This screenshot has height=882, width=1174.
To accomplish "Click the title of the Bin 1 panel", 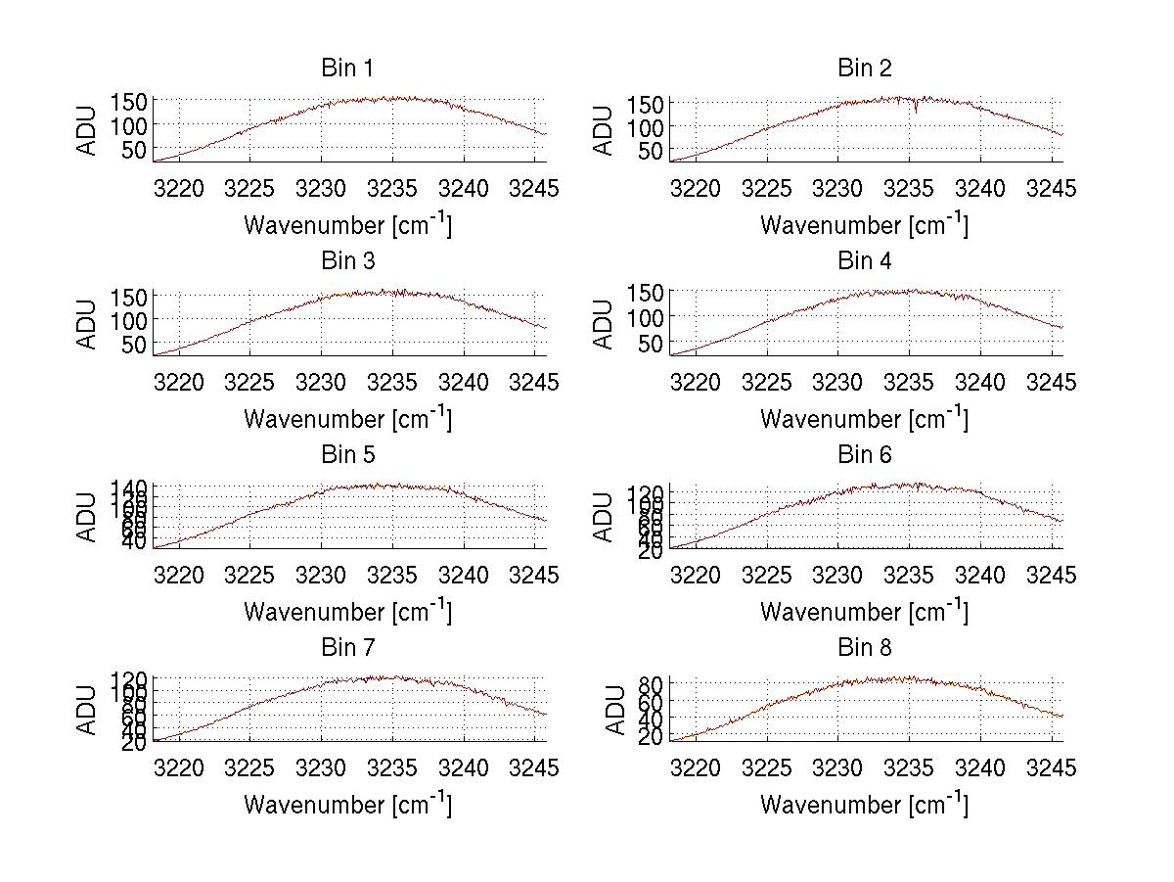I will pos(347,69).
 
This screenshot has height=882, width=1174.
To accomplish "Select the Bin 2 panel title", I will pos(865,69).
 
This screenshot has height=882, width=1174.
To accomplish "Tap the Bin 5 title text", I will pos(347,455).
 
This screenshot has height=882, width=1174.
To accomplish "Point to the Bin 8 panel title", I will pos(865,648).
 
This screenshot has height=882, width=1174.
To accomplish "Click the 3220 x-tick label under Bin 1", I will pos(180,189).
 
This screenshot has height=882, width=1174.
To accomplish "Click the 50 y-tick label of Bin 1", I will pos(134,149).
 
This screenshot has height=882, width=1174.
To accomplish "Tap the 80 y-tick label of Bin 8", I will pos(651,683).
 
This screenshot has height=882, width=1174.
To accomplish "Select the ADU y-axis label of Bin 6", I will pos(604,518).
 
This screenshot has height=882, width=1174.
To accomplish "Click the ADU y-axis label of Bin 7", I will pos(87,711).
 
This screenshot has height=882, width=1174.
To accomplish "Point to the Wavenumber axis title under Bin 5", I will pos(347,611).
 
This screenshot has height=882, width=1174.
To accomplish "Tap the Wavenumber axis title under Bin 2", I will pos(865,224).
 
